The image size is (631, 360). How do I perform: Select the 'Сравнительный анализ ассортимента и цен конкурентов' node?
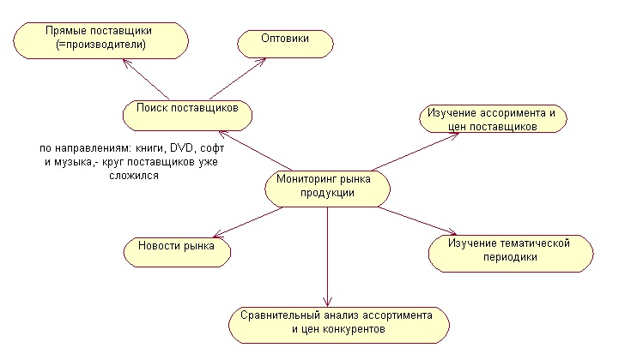click(340, 323)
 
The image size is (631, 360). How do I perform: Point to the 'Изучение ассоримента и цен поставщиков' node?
click(493, 120)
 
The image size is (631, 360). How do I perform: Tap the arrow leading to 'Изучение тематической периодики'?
click(416, 219)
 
